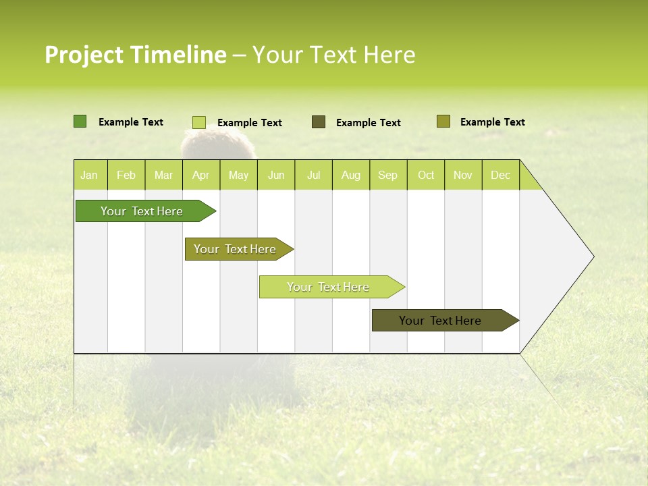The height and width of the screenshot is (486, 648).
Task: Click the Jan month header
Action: (x=89, y=175)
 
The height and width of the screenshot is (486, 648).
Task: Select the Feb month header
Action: (x=126, y=175)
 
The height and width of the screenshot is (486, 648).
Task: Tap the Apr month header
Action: (x=200, y=175)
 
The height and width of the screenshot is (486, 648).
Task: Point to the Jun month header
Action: (x=276, y=175)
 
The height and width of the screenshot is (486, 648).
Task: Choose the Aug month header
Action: (x=350, y=175)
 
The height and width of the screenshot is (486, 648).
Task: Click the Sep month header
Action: (x=387, y=175)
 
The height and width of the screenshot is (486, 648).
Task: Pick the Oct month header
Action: (x=426, y=175)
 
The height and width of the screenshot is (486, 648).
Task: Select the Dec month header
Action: (x=500, y=175)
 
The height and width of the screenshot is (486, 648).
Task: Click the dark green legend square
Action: (x=80, y=122)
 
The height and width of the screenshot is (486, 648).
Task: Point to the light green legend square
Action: (x=198, y=122)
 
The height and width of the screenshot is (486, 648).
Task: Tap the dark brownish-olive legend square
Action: (x=319, y=122)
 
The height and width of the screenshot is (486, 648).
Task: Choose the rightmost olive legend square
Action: (x=443, y=122)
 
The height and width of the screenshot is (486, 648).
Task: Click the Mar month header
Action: (x=163, y=175)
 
